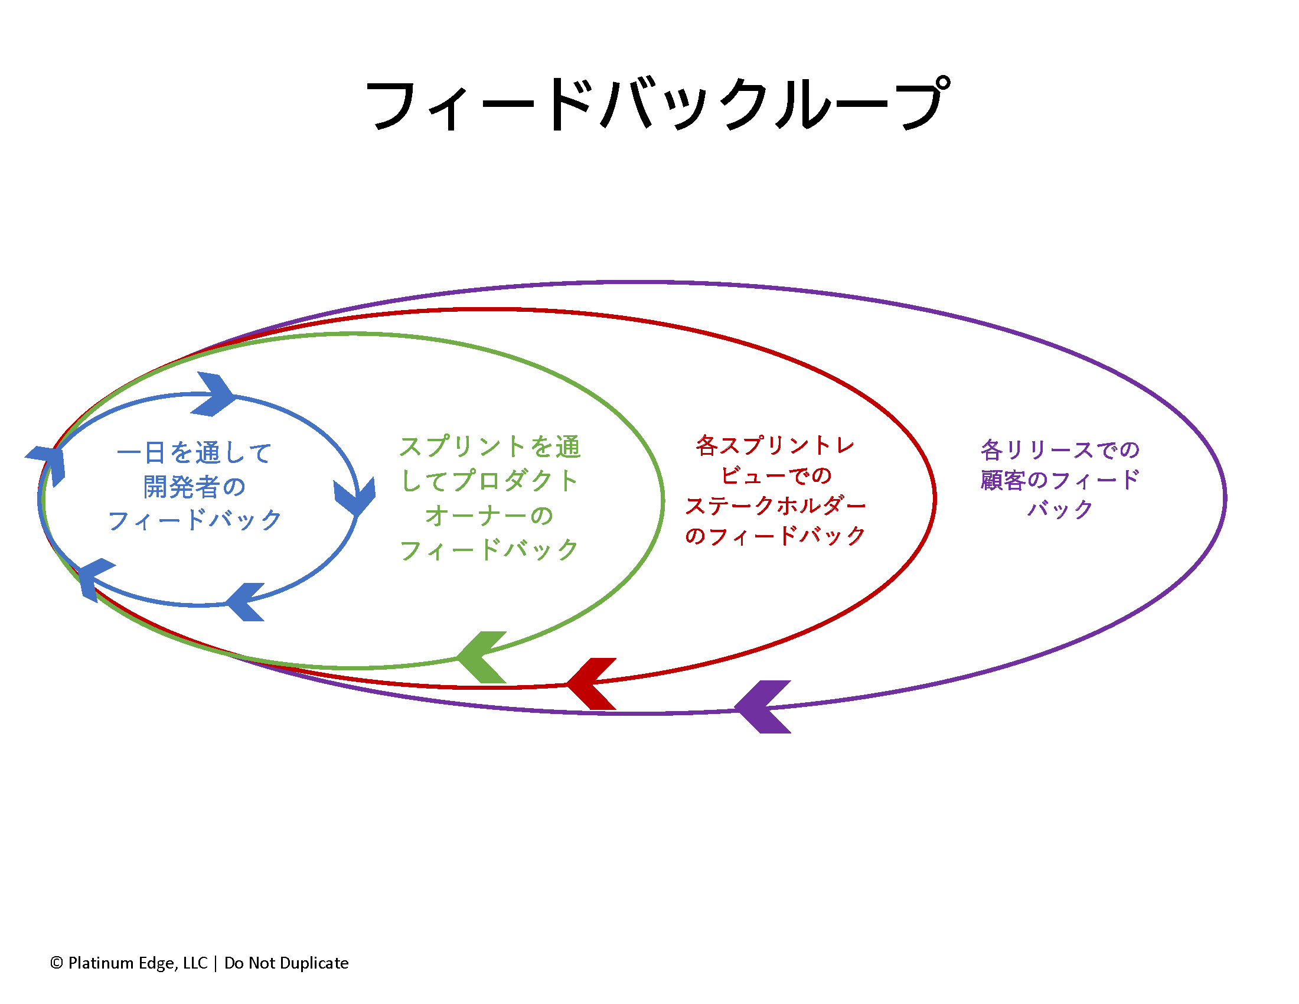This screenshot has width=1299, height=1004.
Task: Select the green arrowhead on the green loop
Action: (x=482, y=657)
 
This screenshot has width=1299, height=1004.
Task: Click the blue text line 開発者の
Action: (x=194, y=487)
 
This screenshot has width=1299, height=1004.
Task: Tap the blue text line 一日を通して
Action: (x=194, y=453)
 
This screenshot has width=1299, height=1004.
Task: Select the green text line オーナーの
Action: (x=489, y=515)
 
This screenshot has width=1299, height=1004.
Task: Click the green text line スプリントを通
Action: (x=489, y=446)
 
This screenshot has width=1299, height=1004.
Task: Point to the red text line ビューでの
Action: (x=776, y=475)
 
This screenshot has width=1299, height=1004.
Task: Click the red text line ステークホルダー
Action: (x=776, y=506)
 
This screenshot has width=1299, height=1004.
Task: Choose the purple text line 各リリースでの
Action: (x=1060, y=449)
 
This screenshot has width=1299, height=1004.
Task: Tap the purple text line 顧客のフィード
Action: (x=1060, y=480)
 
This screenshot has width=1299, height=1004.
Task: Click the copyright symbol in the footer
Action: (x=57, y=963)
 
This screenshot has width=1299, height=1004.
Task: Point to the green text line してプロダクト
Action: (x=489, y=481)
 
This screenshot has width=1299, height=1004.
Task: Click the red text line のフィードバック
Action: (x=776, y=536)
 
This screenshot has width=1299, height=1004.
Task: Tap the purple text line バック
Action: (x=1060, y=509)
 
